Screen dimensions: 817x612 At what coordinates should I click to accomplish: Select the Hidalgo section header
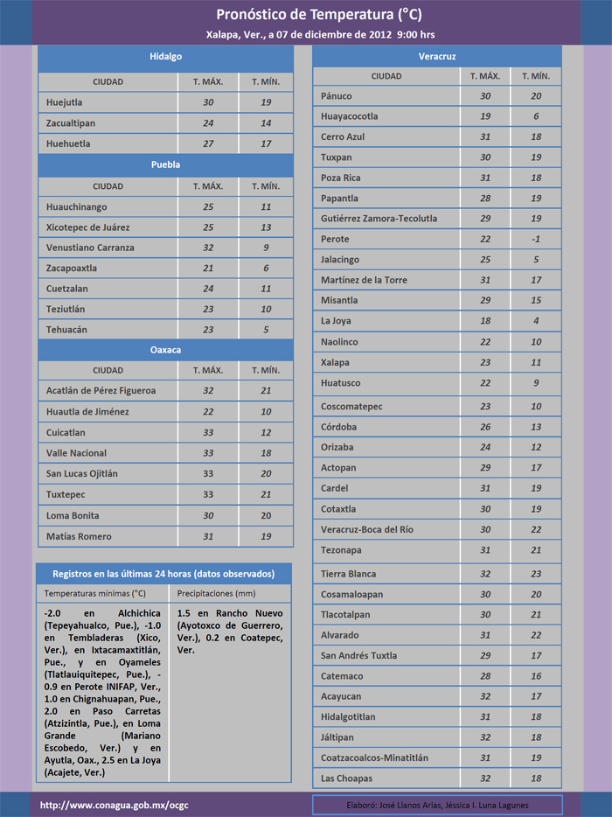click(x=165, y=56)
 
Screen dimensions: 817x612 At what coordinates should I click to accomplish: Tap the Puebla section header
click(x=165, y=164)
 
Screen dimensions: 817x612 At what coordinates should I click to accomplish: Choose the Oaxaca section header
click(x=165, y=350)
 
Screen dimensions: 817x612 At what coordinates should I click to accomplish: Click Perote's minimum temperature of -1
click(x=536, y=239)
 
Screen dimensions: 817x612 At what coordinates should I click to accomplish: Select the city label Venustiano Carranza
click(x=90, y=248)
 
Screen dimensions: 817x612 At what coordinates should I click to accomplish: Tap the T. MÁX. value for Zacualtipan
click(x=207, y=123)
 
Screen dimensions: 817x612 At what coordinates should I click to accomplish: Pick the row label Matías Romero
click(x=79, y=536)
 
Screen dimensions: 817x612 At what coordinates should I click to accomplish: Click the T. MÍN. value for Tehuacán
click(x=266, y=330)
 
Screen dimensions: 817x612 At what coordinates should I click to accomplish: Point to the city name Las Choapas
click(x=346, y=779)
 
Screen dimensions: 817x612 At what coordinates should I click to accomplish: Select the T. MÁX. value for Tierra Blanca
click(x=484, y=574)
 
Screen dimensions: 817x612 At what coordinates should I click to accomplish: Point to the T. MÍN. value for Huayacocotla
click(x=536, y=116)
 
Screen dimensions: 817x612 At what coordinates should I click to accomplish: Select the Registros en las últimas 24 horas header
click(x=163, y=574)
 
